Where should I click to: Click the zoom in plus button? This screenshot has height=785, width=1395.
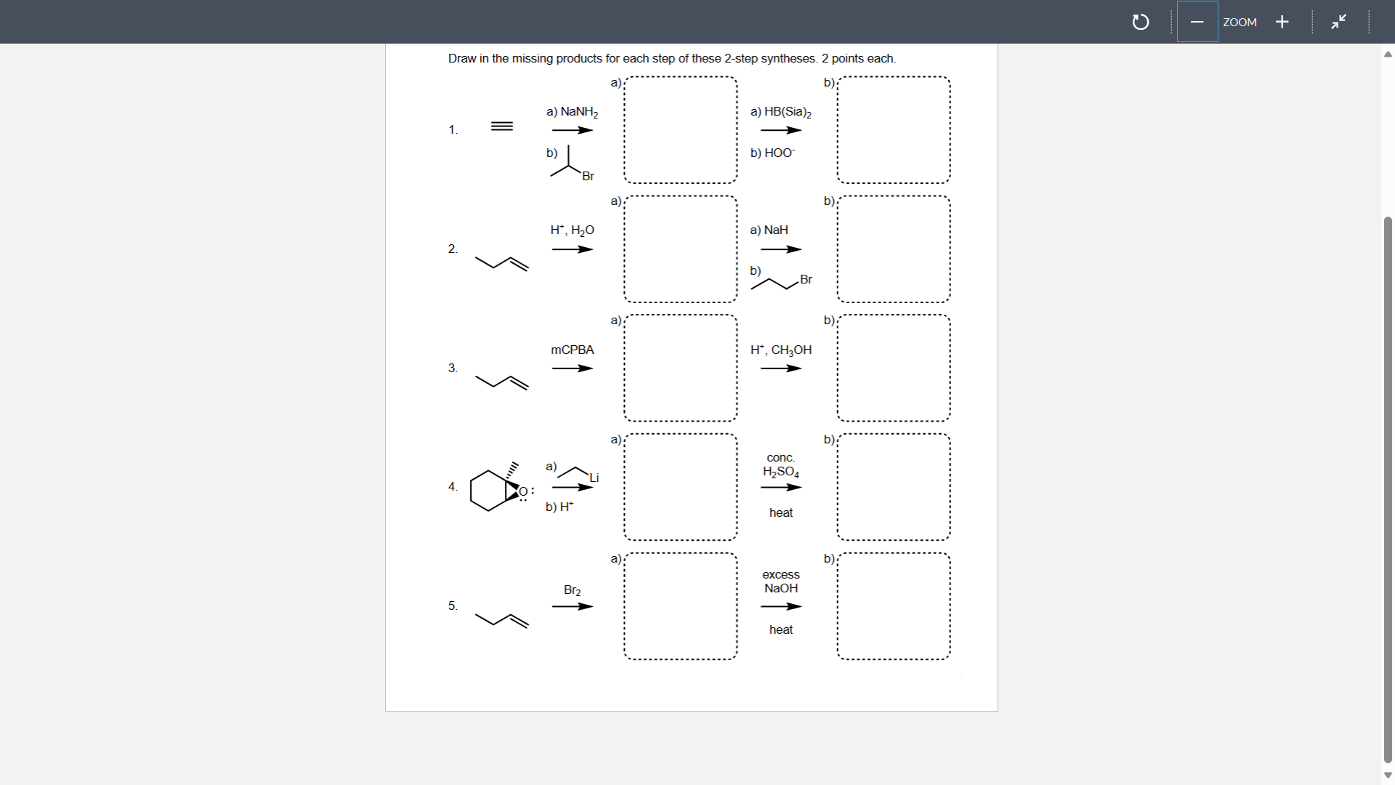tap(1282, 22)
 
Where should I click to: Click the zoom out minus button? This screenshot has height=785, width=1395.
tap(1197, 22)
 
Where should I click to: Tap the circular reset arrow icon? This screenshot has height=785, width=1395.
tap(1141, 23)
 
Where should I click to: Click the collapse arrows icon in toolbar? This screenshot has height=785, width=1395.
tap(1338, 22)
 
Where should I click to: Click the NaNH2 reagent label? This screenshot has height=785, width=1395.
tap(573, 112)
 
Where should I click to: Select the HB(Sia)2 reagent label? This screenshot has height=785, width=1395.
tap(781, 112)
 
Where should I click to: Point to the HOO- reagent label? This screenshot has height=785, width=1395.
tap(773, 153)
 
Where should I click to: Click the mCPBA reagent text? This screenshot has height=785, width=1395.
tap(573, 350)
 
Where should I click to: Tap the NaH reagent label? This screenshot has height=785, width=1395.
tap(769, 230)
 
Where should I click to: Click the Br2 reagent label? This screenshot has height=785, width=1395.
tap(573, 589)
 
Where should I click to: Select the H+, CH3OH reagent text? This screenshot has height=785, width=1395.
tap(781, 350)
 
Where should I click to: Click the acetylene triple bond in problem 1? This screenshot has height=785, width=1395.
tap(502, 126)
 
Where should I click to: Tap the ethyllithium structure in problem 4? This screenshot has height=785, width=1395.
tap(582, 472)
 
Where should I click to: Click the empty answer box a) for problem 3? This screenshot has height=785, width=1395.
tap(680, 368)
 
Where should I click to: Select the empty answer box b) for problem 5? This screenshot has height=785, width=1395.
tap(893, 606)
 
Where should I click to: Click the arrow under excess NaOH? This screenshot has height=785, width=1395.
tap(781, 606)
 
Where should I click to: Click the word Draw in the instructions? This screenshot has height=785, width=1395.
tap(461, 59)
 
